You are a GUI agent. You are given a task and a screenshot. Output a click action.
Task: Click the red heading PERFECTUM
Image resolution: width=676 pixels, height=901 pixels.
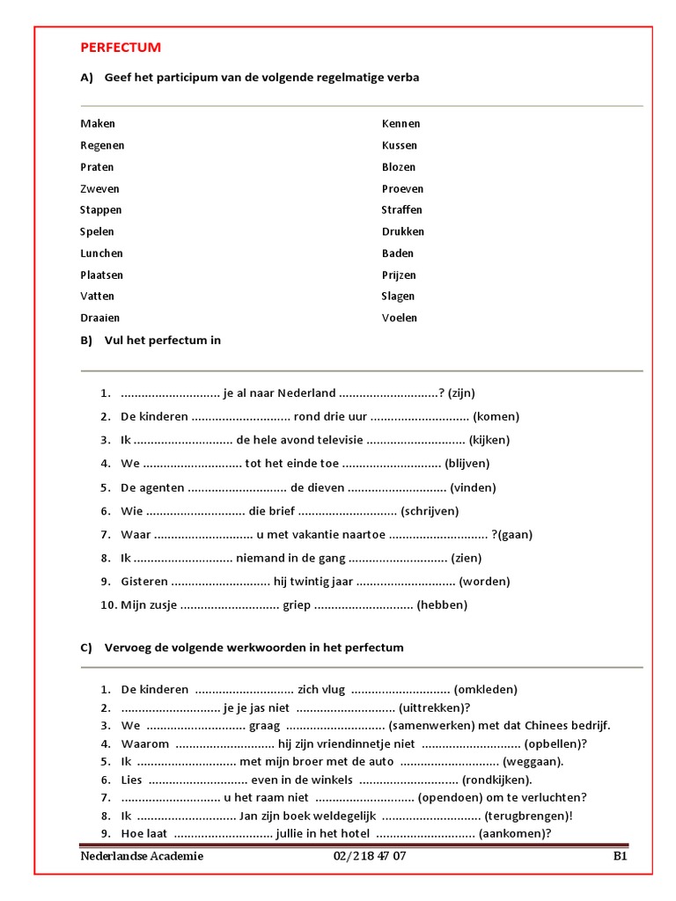pos(121,48)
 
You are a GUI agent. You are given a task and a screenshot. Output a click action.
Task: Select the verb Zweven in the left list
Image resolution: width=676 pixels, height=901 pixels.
pos(99,188)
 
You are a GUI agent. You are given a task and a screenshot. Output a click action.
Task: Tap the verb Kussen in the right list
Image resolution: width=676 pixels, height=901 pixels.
pos(400,145)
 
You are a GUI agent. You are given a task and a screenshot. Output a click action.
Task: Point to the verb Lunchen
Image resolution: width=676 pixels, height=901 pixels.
pos(101,253)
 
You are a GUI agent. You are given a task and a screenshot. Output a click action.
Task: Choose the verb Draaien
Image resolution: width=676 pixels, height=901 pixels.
pos(99,318)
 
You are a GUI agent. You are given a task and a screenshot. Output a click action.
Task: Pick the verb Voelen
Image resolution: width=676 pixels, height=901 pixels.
pos(400,318)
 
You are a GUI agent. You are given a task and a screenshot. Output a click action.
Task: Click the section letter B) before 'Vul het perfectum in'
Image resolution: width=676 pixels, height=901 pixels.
pos(86,341)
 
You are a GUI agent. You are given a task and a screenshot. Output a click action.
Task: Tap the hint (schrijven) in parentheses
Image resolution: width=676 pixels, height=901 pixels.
pos(430,510)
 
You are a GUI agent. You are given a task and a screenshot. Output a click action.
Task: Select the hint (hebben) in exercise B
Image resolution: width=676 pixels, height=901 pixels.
pos(442,604)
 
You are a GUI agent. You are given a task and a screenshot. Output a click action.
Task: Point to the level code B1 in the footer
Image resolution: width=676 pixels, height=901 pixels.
pos(620,856)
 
